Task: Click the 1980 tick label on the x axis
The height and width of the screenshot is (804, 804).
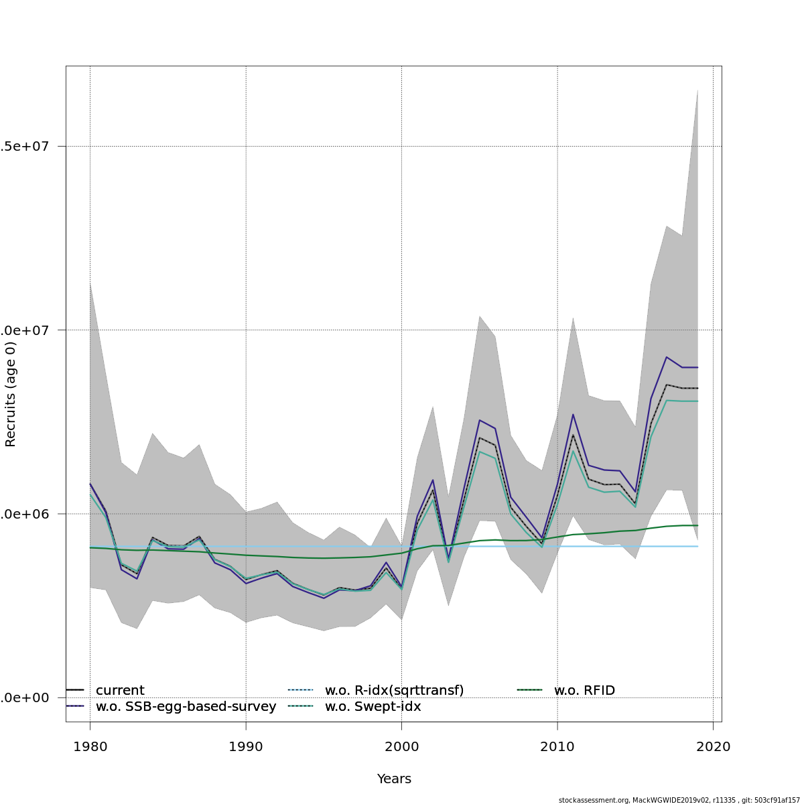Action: coord(90,746)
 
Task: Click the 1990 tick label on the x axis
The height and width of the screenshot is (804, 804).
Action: coord(246,746)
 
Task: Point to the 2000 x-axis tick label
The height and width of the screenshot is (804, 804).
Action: coord(401,746)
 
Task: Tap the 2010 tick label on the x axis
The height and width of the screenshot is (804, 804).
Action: coord(557,746)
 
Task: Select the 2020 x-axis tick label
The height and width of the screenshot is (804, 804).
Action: coord(713,746)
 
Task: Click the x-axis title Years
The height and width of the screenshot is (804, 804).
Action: coord(394,779)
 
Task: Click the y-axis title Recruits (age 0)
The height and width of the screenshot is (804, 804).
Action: coord(11,395)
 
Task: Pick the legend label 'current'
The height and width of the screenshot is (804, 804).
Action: coord(120,690)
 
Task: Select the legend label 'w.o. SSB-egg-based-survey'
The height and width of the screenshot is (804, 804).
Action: coord(186,707)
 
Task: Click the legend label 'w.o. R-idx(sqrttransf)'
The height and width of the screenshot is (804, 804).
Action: coord(394,690)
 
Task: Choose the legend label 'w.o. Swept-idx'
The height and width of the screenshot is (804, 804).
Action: coord(373,707)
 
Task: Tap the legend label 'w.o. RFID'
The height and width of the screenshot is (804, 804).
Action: coord(584,690)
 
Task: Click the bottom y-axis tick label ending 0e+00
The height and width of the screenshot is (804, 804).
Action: coord(25,697)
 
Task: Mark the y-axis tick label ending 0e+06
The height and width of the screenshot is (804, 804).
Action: coord(25,514)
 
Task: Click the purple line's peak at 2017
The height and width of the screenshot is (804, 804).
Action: coord(666,357)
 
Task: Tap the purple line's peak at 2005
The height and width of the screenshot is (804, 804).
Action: coord(479,420)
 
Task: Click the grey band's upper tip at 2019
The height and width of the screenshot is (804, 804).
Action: coord(697,89)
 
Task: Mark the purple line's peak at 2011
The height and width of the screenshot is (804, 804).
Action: coord(573,414)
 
